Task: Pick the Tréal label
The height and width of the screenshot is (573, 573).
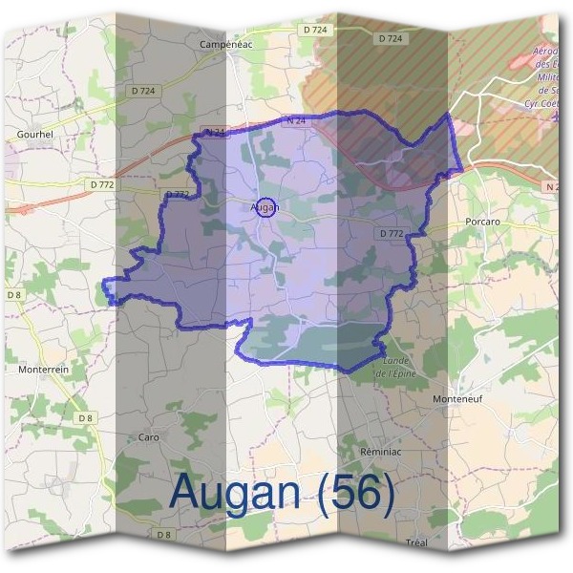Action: click(416, 541)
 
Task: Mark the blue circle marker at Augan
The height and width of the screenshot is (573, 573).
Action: click(267, 206)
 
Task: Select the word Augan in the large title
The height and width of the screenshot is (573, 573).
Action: click(240, 493)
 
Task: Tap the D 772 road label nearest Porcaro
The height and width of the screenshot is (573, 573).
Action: click(392, 233)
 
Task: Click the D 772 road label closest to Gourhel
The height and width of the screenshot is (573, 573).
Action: click(101, 183)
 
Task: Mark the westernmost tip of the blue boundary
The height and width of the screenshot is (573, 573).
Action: click(104, 282)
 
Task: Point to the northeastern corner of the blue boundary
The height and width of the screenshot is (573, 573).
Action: click(449, 113)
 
